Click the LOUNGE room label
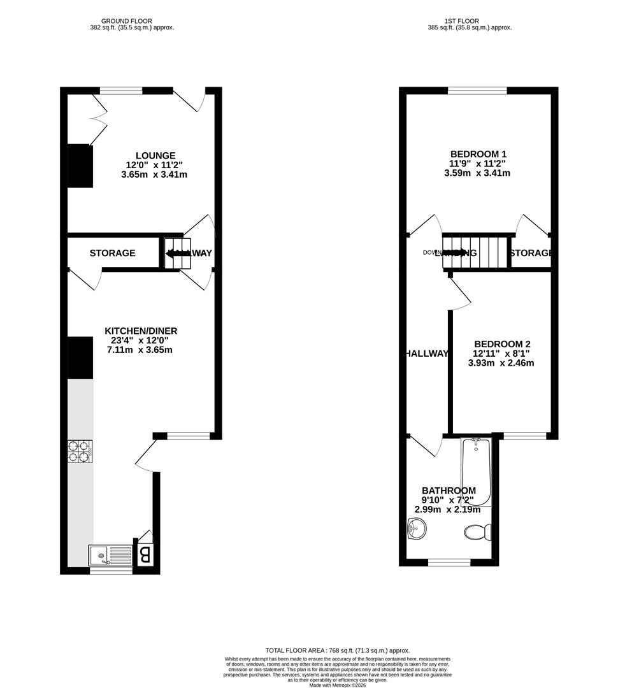pos(155,155)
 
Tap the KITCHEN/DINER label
pos(141,331)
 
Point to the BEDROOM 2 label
pos(502,343)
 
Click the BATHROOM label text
pos(449,491)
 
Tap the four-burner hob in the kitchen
pos(80,450)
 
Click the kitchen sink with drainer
pos(110,555)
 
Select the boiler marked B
pos(145,555)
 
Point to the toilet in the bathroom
pos(477,531)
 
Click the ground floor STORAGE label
pos(112,253)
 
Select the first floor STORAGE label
pos(531,253)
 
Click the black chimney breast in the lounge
pos(80,166)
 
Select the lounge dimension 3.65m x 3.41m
pos(155,174)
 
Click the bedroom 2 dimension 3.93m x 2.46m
pos(501,363)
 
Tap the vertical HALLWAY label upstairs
pos(426,354)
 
